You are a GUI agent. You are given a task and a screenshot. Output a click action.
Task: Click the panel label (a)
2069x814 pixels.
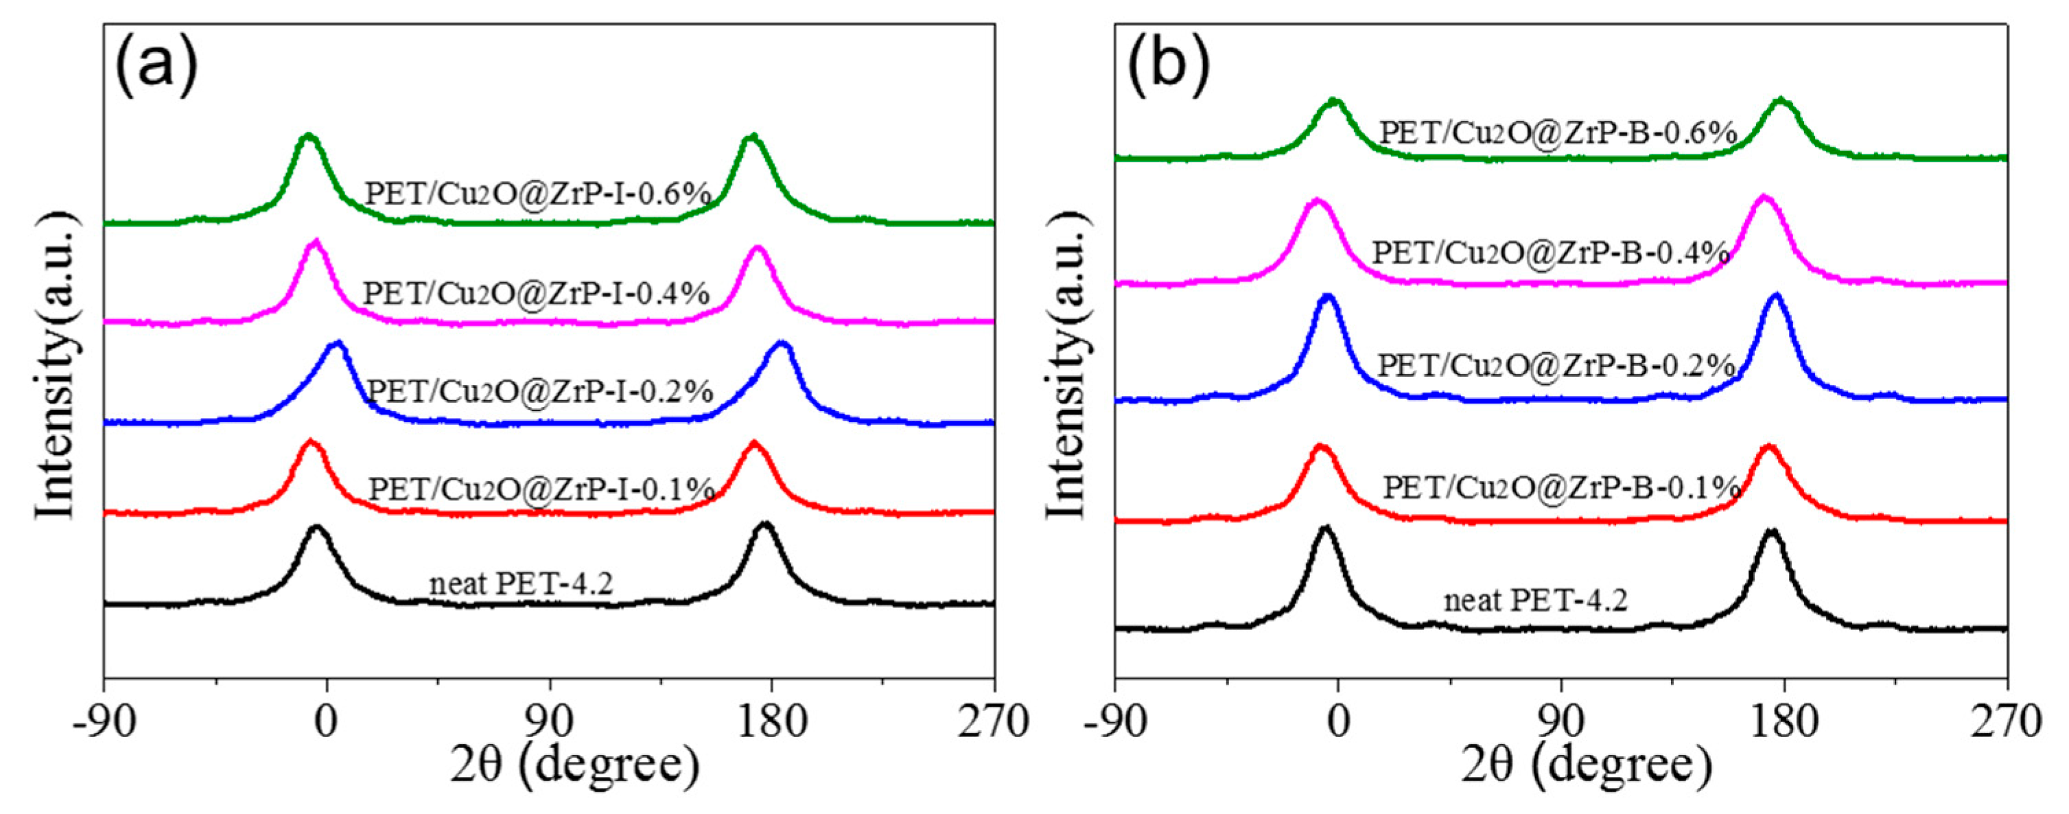(156, 67)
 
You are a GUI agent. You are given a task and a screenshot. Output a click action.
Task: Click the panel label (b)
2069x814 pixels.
(1168, 67)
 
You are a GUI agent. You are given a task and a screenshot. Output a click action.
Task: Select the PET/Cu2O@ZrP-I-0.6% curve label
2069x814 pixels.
(538, 194)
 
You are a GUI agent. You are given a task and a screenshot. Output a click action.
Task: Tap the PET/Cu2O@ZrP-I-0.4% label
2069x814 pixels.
(537, 293)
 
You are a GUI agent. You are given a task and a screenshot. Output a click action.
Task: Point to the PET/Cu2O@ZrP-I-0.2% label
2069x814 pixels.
(540, 391)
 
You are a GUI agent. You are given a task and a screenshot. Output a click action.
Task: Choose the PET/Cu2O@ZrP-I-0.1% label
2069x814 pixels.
(541, 489)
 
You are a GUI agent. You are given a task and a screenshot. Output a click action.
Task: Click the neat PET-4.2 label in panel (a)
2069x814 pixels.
(520, 583)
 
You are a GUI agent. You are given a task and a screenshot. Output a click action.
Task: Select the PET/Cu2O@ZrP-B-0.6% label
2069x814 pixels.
(1558, 132)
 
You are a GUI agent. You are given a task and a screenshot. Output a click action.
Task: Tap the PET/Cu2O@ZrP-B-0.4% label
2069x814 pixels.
(1550, 253)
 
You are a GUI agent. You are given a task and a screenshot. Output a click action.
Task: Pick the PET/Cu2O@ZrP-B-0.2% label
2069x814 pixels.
(1556, 366)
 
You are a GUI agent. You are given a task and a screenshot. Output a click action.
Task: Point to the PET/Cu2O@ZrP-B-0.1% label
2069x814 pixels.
(1560, 487)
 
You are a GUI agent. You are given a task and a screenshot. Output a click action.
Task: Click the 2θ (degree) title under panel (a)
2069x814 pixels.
(574, 767)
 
